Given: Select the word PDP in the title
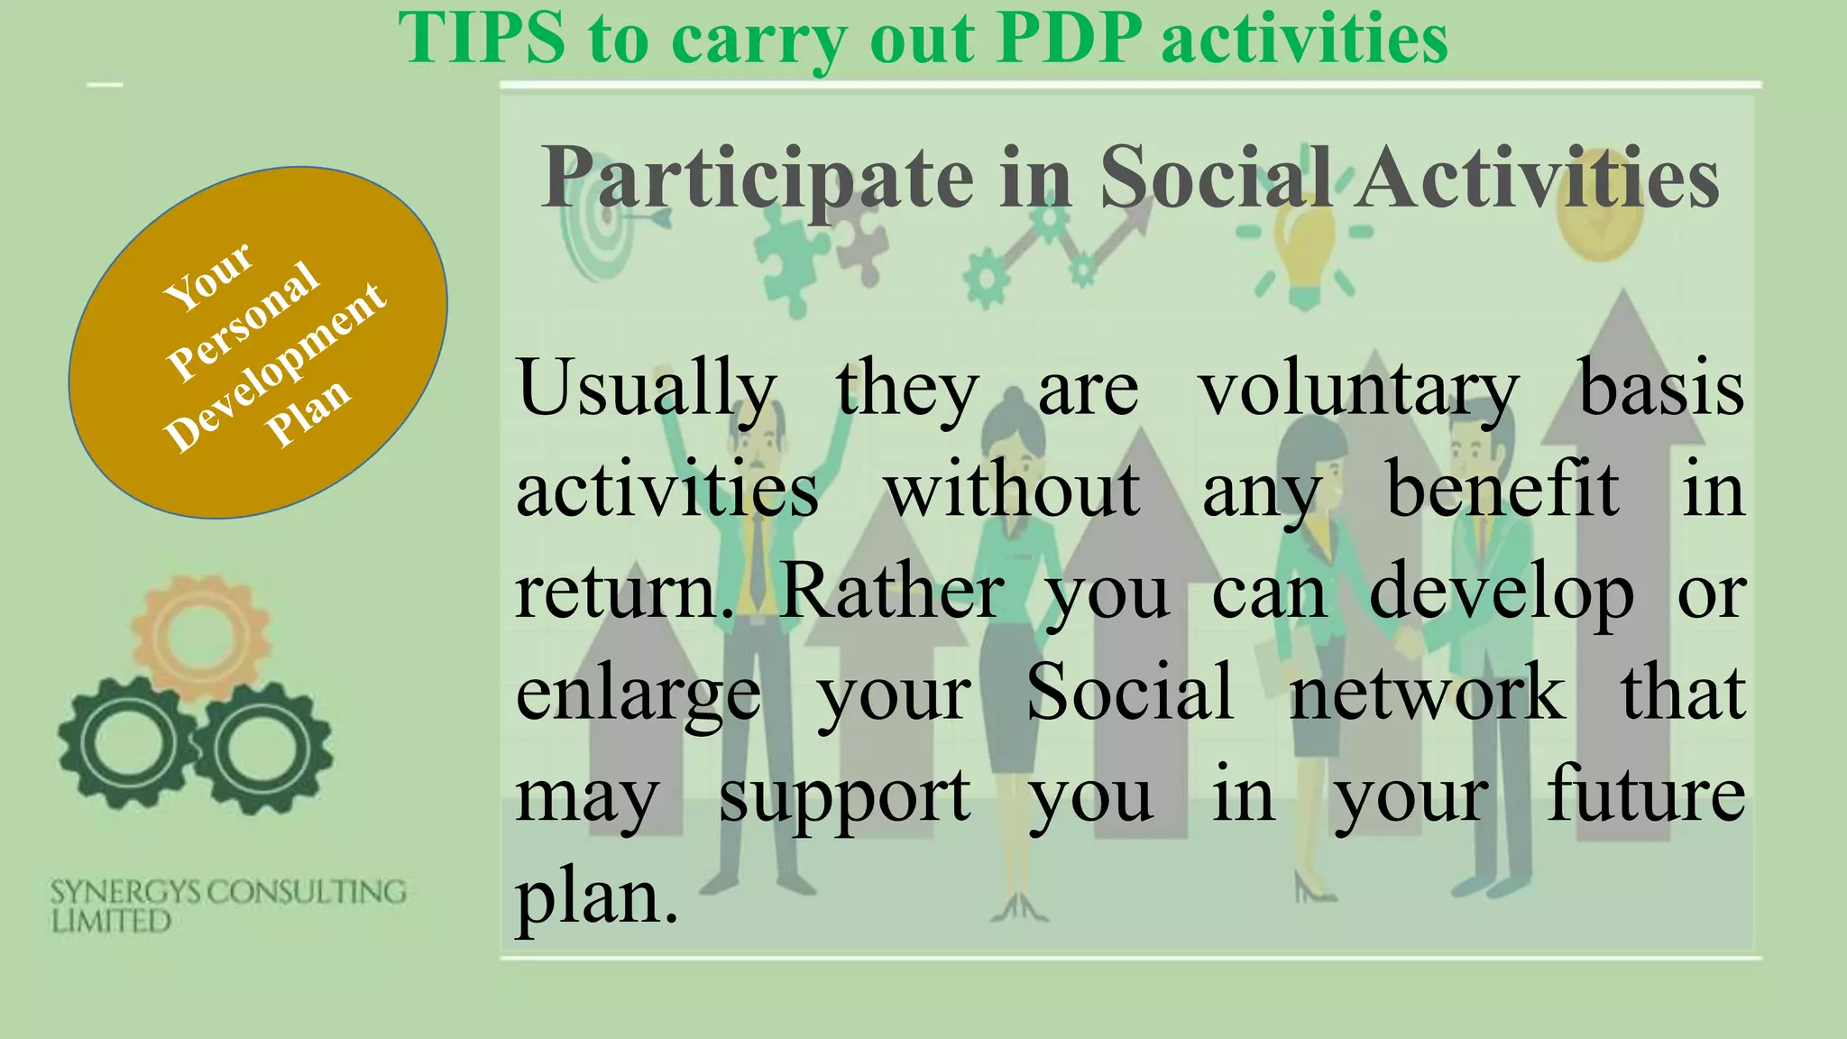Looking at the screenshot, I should tap(1068, 38).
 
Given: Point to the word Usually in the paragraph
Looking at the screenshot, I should tap(646, 389).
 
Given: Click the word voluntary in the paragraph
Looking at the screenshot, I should tap(1358, 389).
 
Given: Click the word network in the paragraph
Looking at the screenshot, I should tap(1427, 693).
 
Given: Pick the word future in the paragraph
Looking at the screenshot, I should tap(1646, 794).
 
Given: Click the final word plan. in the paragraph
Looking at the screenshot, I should tap(596, 896).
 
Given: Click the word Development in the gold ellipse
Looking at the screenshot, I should tap(275, 367).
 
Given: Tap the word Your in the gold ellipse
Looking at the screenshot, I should tap(208, 277).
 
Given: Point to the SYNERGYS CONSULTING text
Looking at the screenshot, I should tap(227, 892).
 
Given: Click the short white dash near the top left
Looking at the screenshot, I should tap(105, 86).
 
